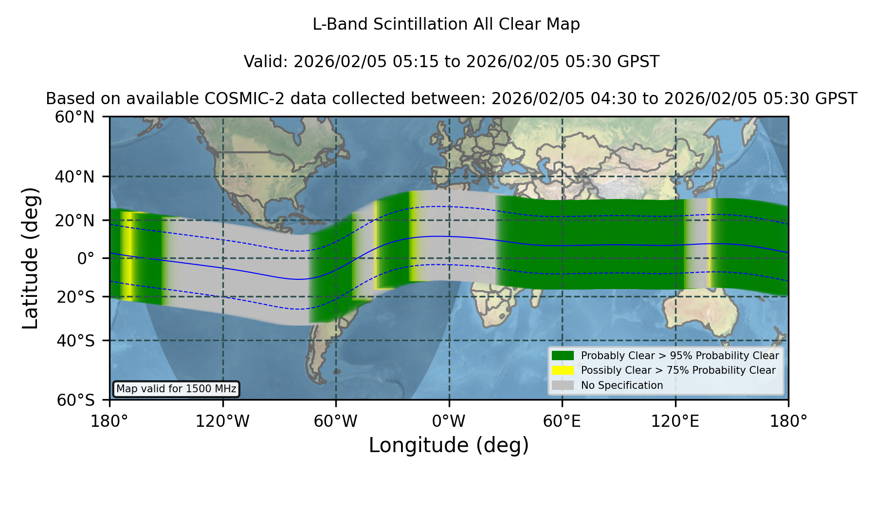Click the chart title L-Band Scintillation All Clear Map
(x=446, y=24)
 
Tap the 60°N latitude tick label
(x=74, y=117)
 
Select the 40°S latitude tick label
(x=75, y=341)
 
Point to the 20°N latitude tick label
(x=74, y=220)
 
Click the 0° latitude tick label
(x=86, y=258)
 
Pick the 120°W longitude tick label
(x=222, y=421)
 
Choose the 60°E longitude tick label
(x=562, y=421)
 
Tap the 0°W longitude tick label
(x=449, y=421)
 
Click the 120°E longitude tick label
(x=675, y=421)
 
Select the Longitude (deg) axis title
(x=449, y=445)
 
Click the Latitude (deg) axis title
(x=31, y=258)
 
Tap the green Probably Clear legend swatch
(x=563, y=355)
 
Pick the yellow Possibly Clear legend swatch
(x=563, y=370)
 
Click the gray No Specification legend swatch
(x=563, y=385)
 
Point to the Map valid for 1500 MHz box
(x=176, y=389)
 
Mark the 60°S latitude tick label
(x=75, y=400)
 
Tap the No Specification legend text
(x=622, y=385)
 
